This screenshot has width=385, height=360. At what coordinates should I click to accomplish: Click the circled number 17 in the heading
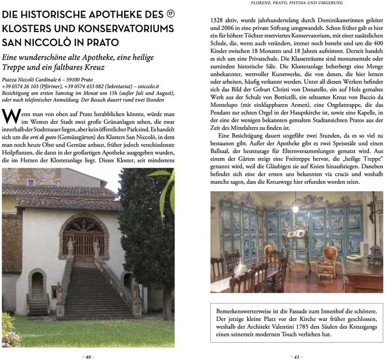pos(171,14)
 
